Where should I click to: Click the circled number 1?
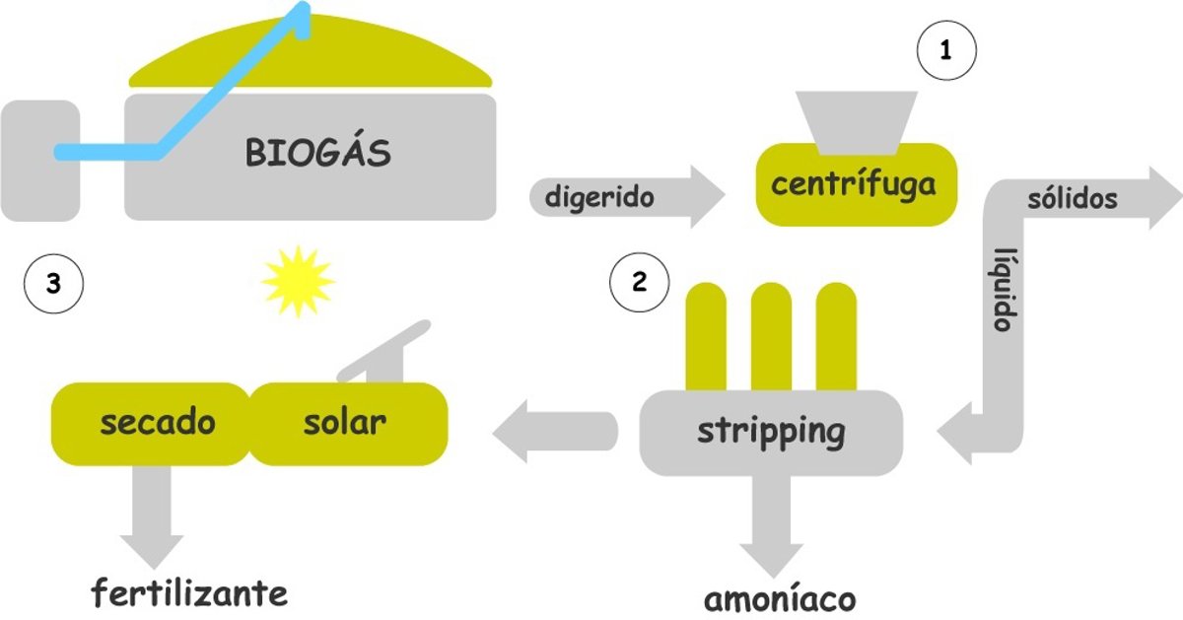coord(946,52)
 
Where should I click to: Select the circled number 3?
coord(53,284)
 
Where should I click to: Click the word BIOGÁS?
coord(317,154)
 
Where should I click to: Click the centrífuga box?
coord(854,184)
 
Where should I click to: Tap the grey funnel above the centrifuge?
coord(857,121)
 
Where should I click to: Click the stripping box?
coord(771,431)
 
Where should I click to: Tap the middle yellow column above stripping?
coord(771,335)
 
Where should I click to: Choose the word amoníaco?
coord(780,598)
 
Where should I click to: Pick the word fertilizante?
coord(190,593)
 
